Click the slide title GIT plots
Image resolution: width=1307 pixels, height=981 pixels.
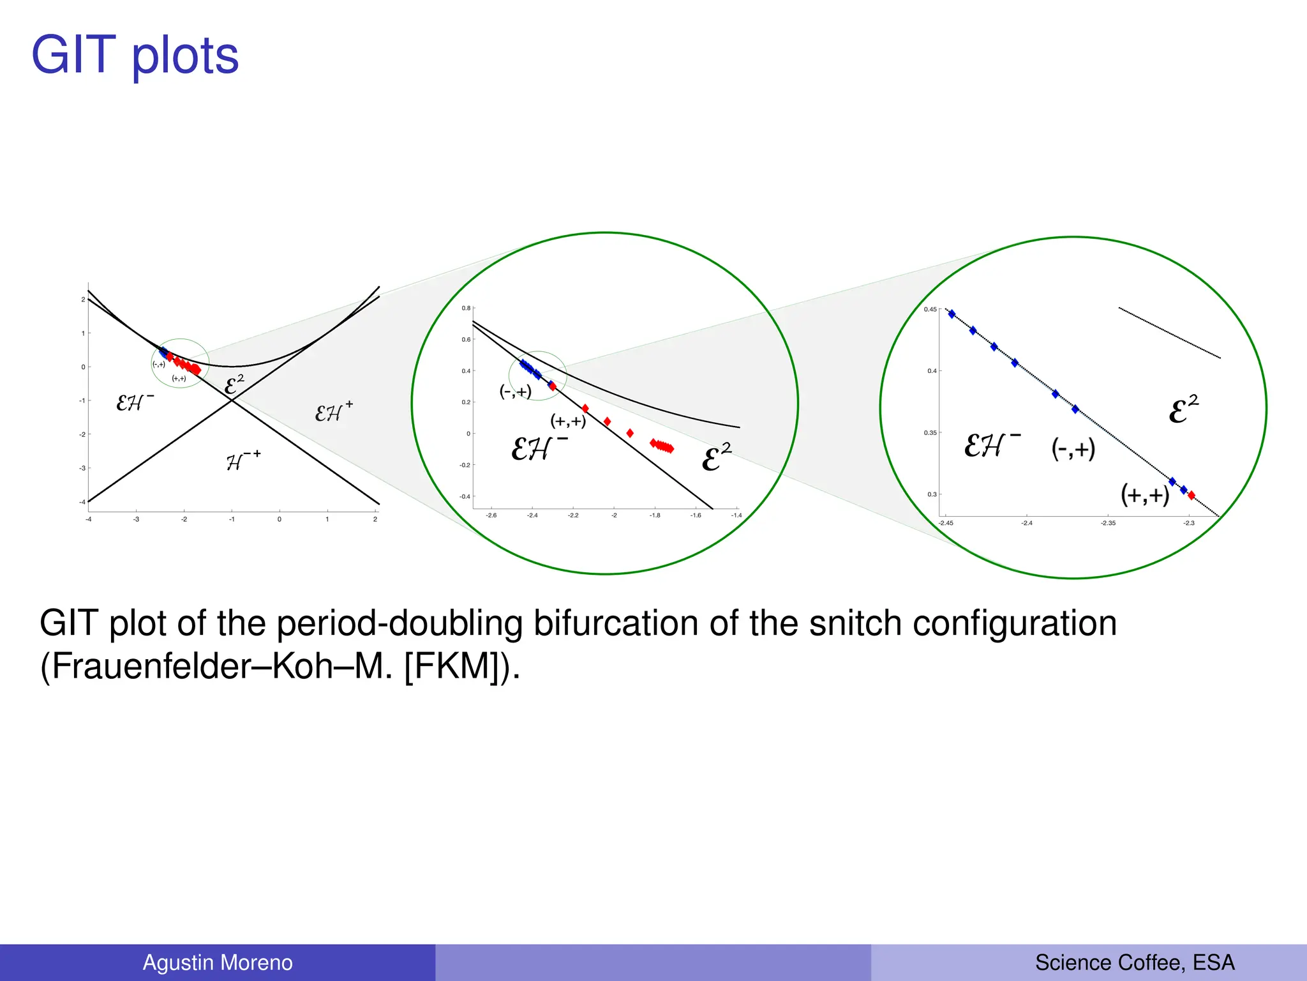(135, 56)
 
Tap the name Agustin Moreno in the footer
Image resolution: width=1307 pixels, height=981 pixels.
(217, 962)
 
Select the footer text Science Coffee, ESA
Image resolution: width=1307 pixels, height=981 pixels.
(1134, 962)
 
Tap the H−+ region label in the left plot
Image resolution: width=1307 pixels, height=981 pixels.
(243, 460)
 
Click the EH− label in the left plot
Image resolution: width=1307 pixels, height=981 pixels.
(134, 402)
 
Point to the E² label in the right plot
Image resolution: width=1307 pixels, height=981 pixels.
(1183, 409)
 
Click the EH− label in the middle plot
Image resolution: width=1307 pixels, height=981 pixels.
(538, 448)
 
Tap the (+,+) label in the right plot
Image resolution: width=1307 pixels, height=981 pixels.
(1145, 494)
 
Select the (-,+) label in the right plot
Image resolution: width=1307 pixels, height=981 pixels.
(1073, 449)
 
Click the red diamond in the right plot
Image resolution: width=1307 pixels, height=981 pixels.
(1191, 496)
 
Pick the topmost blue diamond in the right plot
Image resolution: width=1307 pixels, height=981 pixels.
(952, 314)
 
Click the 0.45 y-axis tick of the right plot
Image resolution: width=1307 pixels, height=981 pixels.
(930, 310)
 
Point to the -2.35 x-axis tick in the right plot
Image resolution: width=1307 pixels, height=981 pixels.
(1108, 523)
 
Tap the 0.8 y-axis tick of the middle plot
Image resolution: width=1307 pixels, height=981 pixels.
(466, 308)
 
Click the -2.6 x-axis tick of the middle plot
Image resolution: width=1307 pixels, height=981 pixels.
(491, 515)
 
